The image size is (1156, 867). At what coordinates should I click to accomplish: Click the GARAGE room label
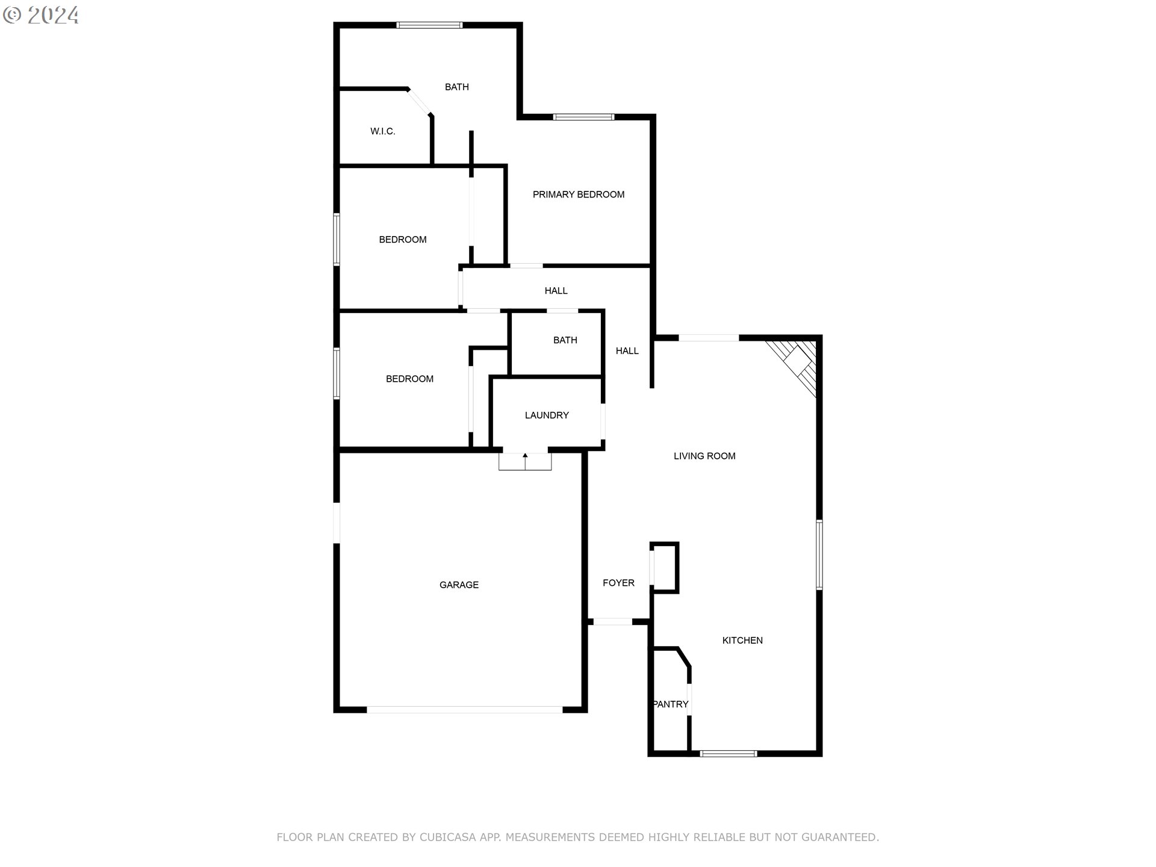(459, 585)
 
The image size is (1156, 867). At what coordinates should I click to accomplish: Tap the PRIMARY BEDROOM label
(578, 194)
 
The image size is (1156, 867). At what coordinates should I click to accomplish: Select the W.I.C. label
(383, 131)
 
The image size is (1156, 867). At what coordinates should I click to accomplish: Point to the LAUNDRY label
(547, 415)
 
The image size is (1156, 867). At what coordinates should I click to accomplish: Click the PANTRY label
(670, 704)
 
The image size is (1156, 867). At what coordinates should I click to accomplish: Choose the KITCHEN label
(742, 641)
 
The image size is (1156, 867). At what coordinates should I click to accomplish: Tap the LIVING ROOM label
(704, 456)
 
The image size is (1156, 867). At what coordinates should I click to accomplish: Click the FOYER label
(618, 583)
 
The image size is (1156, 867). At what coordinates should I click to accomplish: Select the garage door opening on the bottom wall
(465, 710)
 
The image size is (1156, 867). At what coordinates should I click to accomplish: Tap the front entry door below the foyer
(612, 621)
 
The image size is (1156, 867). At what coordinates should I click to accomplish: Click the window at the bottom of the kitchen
(728, 753)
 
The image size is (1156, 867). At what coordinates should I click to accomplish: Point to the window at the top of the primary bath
(429, 25)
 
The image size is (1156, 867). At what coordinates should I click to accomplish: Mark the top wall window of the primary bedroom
(583, 117)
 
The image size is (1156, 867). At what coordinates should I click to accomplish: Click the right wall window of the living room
(819, 555)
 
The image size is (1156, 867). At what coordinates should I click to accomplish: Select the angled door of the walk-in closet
(419, 102)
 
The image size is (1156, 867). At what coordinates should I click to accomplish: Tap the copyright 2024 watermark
(41, 15)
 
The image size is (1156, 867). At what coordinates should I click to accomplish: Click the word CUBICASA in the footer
(448, 837)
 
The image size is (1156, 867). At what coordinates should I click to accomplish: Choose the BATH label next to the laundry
(565, 340)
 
